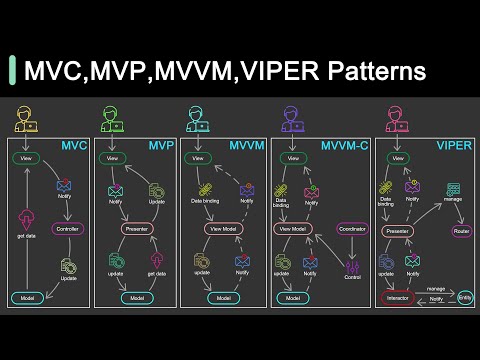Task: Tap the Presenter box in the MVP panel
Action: [x=137, y=228]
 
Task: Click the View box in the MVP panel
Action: [x=112, y=158]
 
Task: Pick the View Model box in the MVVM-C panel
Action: [x=291, y=228]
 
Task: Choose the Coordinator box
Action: [x=352, y=228]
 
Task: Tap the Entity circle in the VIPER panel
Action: [x=464, y=297]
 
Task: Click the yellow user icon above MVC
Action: [x=25, y=120]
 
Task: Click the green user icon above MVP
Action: [x=112, y=120]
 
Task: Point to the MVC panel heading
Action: [x=72, y=147]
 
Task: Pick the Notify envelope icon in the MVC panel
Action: [x=65, y=185]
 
